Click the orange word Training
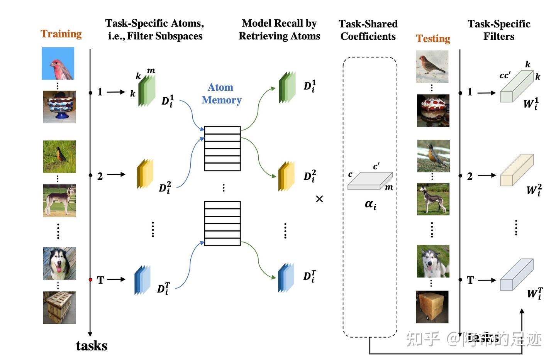click(61, 34)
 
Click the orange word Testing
click(433, 39)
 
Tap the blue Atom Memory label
click(221, 94)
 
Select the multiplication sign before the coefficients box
click(319, 199)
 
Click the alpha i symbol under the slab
click(370, 205)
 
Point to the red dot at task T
click(90, 279)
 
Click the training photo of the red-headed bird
click(58, 63)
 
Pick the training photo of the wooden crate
click(59, 308)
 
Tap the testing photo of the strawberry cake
click(433, 111)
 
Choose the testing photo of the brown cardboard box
click(432, 307)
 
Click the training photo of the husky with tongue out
click(59, 264)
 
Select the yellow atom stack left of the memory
click(145, 174)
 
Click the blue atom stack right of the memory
click(286, 278)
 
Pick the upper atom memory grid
click(222, 149)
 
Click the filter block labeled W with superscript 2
click(516, 170)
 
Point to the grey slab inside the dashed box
click(370, 181)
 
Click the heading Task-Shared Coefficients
click(368, 30)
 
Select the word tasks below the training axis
click(92, 346)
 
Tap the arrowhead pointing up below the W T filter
click(522, 311)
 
